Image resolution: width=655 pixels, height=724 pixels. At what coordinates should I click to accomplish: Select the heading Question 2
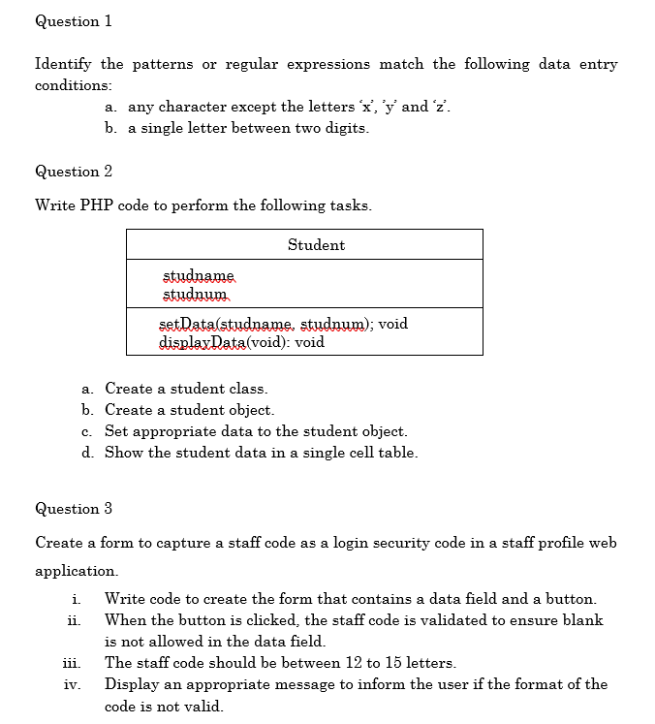coord(74,172)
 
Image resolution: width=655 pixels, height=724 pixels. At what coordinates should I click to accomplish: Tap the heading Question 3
coord(74,509)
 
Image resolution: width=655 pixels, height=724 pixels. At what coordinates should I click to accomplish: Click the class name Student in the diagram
coord(316,245)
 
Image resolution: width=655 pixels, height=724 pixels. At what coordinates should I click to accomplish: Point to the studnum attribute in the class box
coord(195,293)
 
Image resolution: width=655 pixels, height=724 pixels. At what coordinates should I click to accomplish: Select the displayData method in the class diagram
coord(203,342)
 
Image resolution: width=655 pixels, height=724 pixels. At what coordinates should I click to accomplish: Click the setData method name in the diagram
coord(190,324)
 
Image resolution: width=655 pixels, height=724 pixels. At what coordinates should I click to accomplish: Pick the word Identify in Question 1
coord(64,64)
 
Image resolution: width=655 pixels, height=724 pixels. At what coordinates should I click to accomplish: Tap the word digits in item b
coord(348,128)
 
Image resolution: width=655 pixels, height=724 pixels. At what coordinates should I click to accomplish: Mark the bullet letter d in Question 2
coord(88,453)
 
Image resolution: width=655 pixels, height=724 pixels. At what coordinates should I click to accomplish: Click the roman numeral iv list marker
coord(73,684)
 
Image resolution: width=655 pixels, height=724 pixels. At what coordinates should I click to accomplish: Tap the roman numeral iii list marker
coord(73,663)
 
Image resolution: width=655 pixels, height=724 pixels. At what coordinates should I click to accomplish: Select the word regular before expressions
coord(251,64)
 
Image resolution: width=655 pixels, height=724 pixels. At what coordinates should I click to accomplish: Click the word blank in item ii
coord(583,620)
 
